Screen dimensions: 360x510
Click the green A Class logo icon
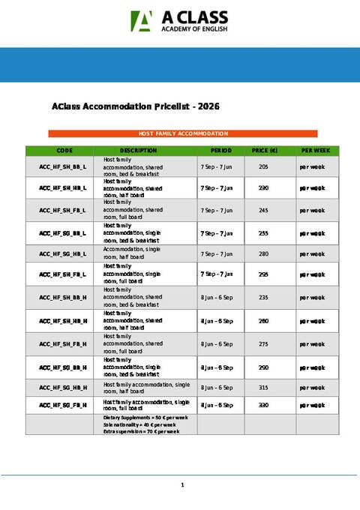(x=140, y=21)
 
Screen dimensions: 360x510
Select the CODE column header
(x=64, y=151)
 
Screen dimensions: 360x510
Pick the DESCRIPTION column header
(x=138, y=151)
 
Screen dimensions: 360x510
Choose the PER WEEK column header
(x=315, y=151)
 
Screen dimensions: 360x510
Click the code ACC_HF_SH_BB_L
(x=64, y=166)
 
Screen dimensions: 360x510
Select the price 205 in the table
(x=263, y=166)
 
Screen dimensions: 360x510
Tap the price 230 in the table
(x=263, y=188)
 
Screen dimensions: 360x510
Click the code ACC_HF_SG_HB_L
(x=64, y=253)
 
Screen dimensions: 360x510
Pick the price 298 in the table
(x=263, y=274)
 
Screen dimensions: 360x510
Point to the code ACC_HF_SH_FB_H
(x=64, y=343)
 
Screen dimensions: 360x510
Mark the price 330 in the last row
(x=263, y=405)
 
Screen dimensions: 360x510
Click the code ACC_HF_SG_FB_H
(x=64, y=405)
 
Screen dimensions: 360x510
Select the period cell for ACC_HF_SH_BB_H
(x=217, y=297)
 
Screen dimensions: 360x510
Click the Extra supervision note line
(x=142, y=431)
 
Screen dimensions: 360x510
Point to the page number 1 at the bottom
(x=182, y=486)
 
